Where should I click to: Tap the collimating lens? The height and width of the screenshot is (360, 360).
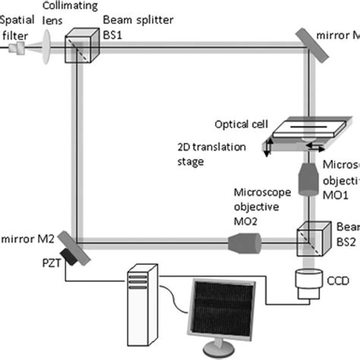coord(48,47)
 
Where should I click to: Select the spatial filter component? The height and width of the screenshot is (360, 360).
coord(19,48)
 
